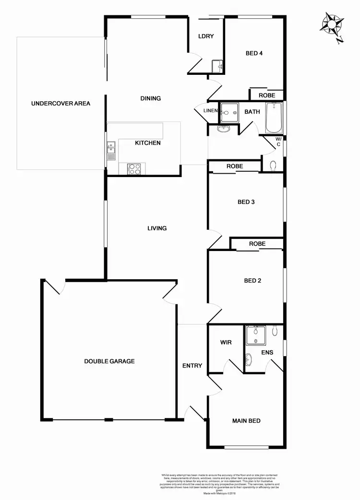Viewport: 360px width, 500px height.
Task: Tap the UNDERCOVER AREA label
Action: coord(60,103)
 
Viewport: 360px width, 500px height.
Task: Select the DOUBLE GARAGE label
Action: coord(109,361)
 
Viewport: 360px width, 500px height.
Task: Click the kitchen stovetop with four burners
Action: coord(135,168)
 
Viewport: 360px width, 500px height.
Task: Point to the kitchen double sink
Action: coord(111,150)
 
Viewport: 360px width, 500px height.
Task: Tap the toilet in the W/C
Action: coord(273,166)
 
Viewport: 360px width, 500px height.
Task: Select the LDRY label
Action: coord(206,36)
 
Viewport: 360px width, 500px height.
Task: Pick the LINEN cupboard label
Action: coord(210,111)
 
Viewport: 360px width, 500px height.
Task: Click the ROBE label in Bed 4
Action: coord(267,95)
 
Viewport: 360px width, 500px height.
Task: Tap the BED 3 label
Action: coord(246,202)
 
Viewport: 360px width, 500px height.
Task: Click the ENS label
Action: coord(267,352)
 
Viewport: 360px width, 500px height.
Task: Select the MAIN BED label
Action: coord(246,421)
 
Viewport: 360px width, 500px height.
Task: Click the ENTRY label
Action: coord(192,366)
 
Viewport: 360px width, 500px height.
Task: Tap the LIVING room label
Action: coord(157,228)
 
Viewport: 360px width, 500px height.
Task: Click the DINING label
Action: coord(150,98)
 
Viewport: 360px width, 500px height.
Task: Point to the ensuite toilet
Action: coord(275,331)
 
